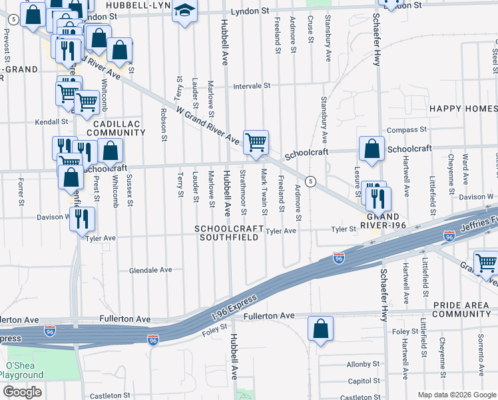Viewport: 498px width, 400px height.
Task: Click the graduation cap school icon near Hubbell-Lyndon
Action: (x=184, y=11)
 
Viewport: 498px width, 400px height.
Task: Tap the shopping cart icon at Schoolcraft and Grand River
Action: (x=256, y=142)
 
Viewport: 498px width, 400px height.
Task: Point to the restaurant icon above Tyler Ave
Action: (x=83, y=219)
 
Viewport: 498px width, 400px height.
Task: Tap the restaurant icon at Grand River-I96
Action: (x=378, y=199)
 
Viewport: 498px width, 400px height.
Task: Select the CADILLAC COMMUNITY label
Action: (x=110, y=128)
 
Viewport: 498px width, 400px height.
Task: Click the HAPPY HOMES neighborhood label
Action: (x=463, y=109)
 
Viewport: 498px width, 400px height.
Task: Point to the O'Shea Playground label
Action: (x=25, y=370)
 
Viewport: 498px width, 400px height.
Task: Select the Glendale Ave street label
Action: (x=150, y=270)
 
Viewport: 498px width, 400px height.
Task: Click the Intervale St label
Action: (x=252, y=86)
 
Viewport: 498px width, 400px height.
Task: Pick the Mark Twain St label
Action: (x=264, y=192)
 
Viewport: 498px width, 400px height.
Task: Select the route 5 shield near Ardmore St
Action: (x=310, y=181)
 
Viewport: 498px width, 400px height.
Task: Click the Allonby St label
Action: (x=363, y=365)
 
